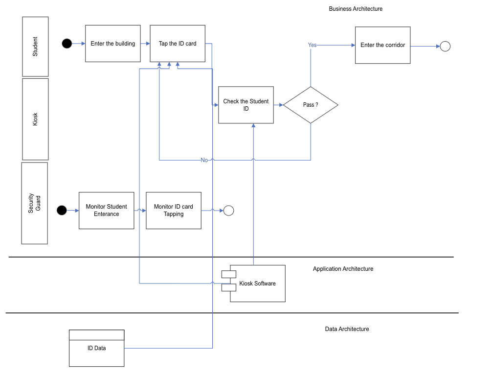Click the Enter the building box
tap(113, 44)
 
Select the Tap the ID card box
tap(178, 44)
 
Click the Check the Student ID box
tap(246, 105)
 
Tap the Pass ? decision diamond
tap(311, 105)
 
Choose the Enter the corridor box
tap(382, 45)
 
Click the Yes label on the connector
tap(312, 45)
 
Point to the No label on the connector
tap(204, 160)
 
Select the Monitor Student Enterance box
tap(106, 211)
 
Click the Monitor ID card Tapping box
tap(173, 211)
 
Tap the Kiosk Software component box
tap(257, 284)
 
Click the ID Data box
tap(96, 348)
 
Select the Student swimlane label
tap(35, 47)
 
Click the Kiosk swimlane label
tap(35, 119)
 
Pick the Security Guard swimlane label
tap(34, 203)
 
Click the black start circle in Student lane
tap(67, 44)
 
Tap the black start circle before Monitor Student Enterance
tap(62, 211)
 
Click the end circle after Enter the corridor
tap(445, 47)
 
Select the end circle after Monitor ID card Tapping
tap(228, 211)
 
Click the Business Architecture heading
tap(356, 9)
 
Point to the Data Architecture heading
tap(347, 329)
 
